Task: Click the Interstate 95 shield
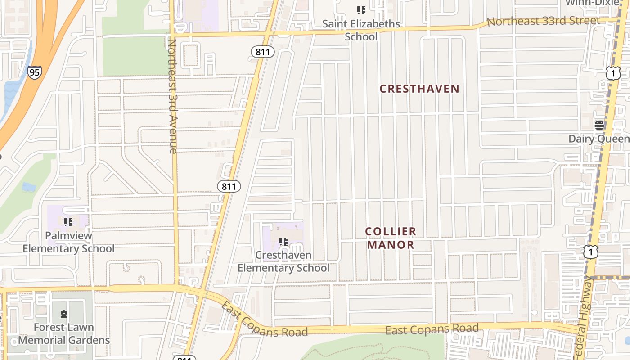35,72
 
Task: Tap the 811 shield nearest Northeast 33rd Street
262,52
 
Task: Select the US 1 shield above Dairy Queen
613,73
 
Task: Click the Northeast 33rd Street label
543,21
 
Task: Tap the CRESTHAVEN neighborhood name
419,89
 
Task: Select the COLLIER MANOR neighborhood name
391,238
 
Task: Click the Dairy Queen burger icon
599,126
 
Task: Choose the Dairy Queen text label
599,139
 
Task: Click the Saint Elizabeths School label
361,30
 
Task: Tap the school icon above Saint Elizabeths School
361,10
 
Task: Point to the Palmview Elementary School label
68,242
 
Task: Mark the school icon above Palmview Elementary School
68,222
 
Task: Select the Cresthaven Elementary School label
283,261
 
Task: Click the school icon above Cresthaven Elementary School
283,242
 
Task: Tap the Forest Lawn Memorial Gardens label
64,333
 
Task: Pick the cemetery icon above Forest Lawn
63,314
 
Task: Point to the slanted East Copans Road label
264,319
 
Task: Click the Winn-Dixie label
591,3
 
